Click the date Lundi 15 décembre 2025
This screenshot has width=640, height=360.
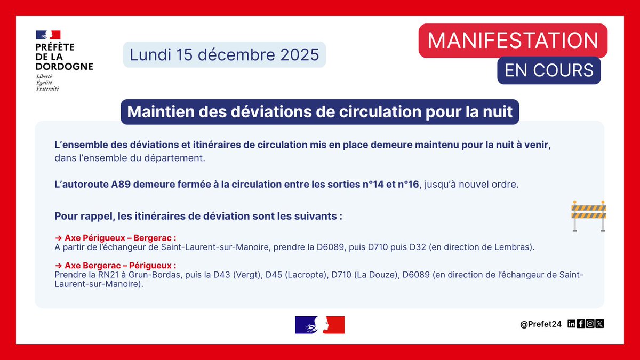[224, 55]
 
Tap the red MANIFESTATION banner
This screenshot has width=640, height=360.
[513, 41]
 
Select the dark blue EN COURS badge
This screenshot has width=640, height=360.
[549, 70]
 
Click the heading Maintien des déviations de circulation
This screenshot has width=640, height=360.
[319, 113]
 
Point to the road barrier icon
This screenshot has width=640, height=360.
[588, 215]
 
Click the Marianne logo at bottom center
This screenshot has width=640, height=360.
[319, 325]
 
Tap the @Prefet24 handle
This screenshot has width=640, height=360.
[541, 324]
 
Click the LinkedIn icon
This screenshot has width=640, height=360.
[572, 324]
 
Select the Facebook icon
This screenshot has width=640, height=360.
[581, 324]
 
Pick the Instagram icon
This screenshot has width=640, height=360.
[590, 324]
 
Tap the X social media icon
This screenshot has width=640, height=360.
[599, 324]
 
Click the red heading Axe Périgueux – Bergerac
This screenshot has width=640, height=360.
[120, 238]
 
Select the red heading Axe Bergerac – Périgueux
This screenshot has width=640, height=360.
[120, 265]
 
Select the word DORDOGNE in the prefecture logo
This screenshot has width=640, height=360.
[64, 67]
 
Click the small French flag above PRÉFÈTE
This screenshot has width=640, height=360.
[48, 35]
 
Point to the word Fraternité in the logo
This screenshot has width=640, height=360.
[47, 89]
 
